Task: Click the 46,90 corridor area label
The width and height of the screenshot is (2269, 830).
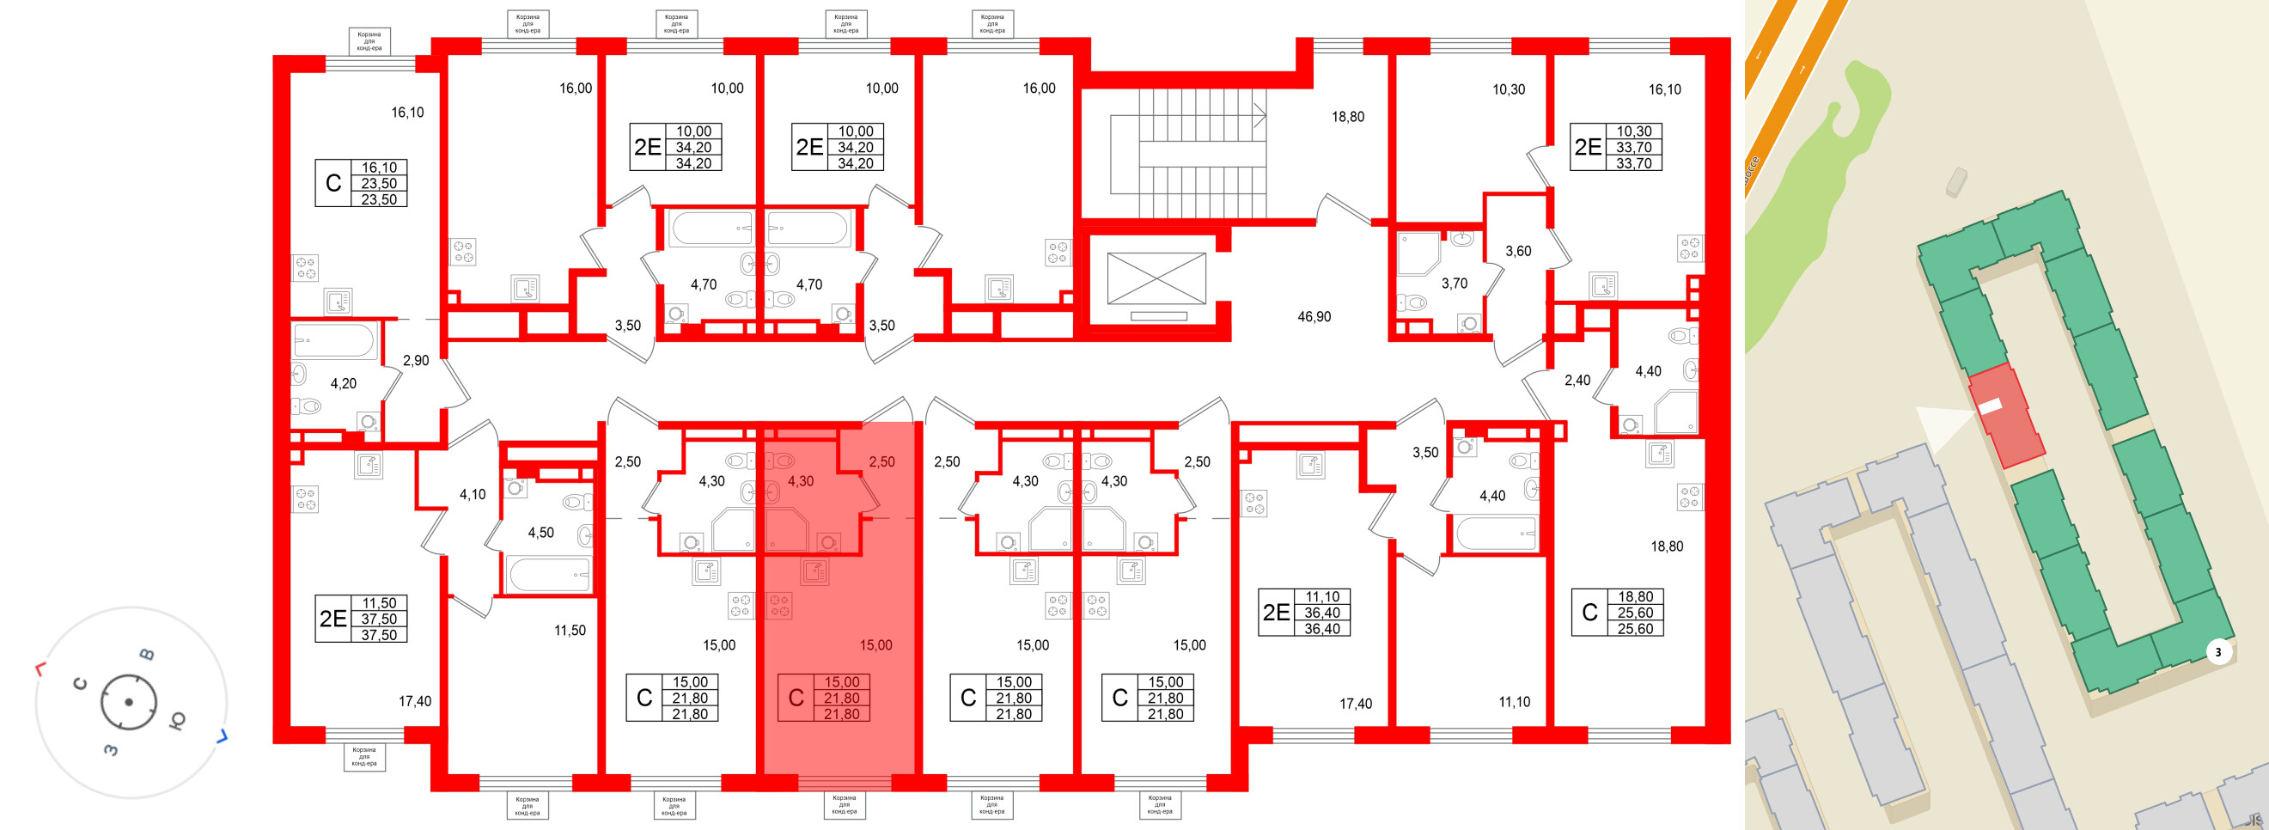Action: click(1314, 316)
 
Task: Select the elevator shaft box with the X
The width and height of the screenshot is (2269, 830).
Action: click(1156, 278)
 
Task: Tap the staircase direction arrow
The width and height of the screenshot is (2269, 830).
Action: click(1259, 115)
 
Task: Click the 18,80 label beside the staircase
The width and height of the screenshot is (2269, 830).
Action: click(1347, 116)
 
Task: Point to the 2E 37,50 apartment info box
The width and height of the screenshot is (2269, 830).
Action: click(362, 619)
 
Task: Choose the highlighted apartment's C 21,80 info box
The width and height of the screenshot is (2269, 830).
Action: click(824, 698)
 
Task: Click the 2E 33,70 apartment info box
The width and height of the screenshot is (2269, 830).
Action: click(1616, 147)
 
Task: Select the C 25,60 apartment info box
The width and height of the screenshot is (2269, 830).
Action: click(1617, 613)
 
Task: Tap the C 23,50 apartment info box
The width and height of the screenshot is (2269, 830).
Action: click(361, 183)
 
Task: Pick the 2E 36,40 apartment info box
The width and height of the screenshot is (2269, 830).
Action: click(1304, 613)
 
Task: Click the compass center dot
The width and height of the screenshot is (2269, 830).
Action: click(129, 702)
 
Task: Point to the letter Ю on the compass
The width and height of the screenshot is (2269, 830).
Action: click(176, 722)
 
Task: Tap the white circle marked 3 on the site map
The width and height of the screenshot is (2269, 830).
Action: click(2218, 652)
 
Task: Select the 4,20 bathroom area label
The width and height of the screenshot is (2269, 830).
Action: click(344, 383)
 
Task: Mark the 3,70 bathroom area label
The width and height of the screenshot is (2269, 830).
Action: click(1455, 284)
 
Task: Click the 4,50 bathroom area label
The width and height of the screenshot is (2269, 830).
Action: click(540, 532)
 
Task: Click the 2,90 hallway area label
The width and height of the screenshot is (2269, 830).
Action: click(416, 360)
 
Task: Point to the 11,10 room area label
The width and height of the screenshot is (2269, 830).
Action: click(1514, 702)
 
